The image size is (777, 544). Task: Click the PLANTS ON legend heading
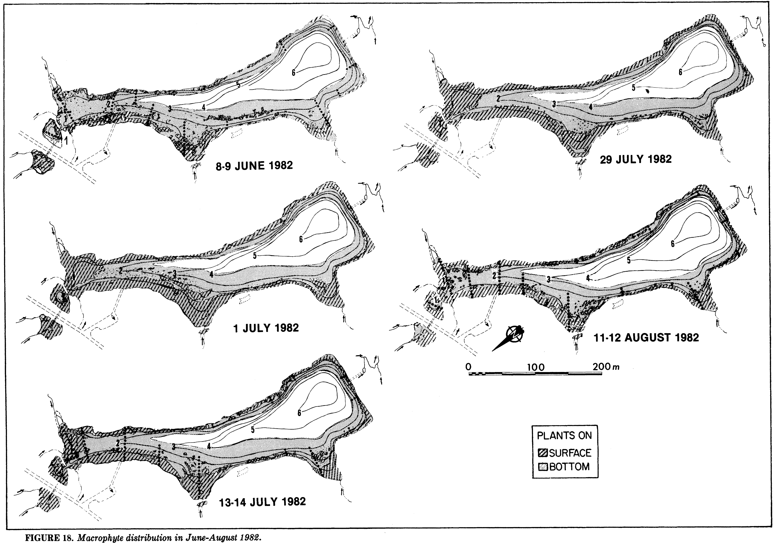pyautogui.click(x=564, y=436)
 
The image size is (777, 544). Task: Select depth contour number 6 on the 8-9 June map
pyautogui.click(x=293, y=72)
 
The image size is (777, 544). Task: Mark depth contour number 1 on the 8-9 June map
pyautogui.click(x=66, y=140)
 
